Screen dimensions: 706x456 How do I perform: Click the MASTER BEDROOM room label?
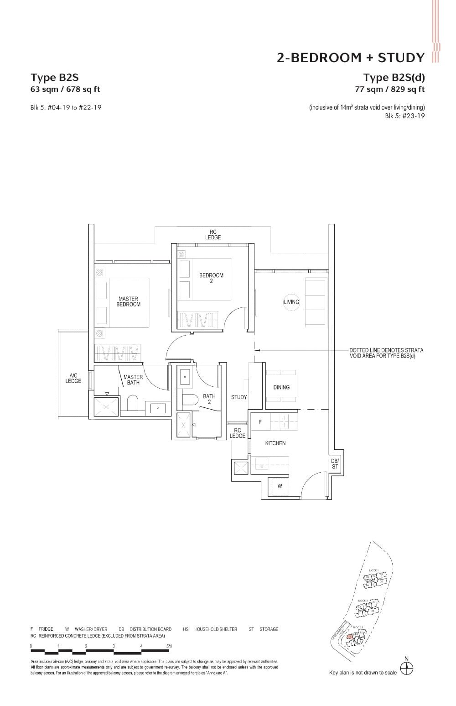coord(128,302)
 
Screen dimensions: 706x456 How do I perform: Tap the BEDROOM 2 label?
coord(211,278)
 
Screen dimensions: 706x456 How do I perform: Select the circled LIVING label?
coord(291,302)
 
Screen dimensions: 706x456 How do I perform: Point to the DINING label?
coord(281,387)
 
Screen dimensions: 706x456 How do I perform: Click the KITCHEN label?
coord(275,443)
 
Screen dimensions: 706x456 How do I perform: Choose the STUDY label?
coord(238,397)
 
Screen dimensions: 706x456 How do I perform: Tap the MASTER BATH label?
coord(133,380)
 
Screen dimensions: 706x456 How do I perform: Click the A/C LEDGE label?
coord(73,379)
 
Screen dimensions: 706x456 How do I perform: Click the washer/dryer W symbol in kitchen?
coord(280,486)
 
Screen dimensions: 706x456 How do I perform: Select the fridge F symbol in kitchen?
coord(260,422)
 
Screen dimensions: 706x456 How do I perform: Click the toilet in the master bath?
coord(133,404)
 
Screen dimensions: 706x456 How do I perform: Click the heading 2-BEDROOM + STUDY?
coord(350,58)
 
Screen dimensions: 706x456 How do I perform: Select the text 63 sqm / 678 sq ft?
coord(65,90)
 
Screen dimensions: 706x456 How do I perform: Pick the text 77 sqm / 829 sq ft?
coord(390,90)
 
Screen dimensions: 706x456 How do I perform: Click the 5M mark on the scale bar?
coord(169,646)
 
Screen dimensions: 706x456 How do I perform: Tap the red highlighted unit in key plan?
coord(349,637)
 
